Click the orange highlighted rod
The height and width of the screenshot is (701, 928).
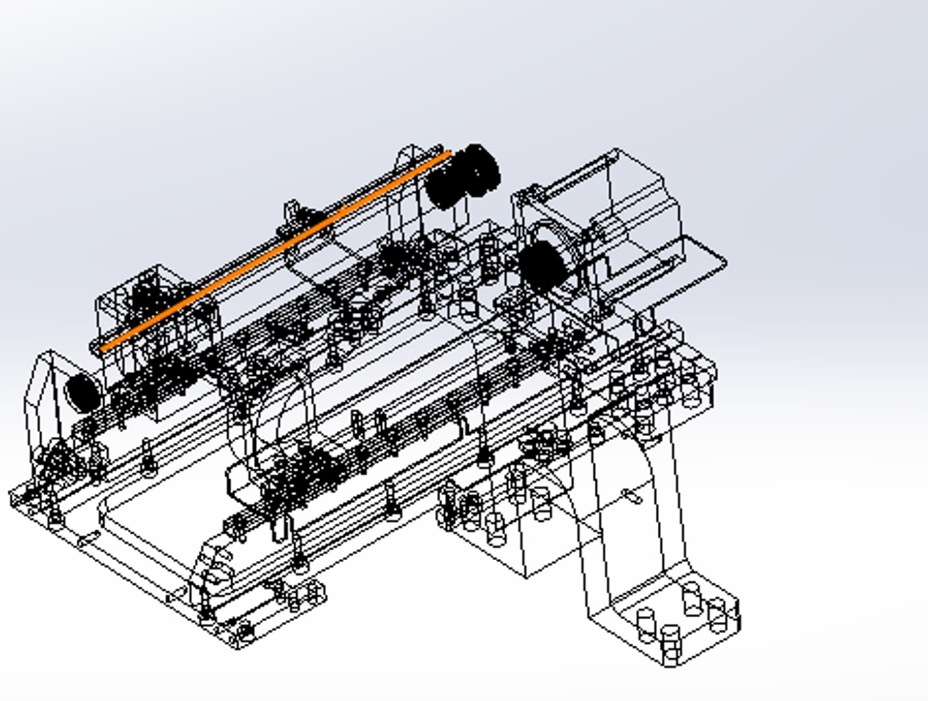276,251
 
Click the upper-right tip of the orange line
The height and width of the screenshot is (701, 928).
449,154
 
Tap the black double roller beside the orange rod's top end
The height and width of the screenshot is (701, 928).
462,177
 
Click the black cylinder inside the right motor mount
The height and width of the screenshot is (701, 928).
541,266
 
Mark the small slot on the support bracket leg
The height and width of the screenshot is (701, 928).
632,497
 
